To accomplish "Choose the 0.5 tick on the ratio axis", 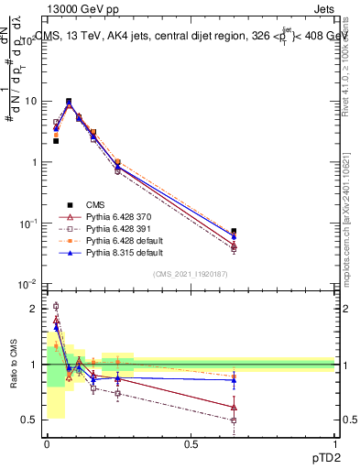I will point(32,420).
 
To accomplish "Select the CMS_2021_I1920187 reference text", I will point(191,273).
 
